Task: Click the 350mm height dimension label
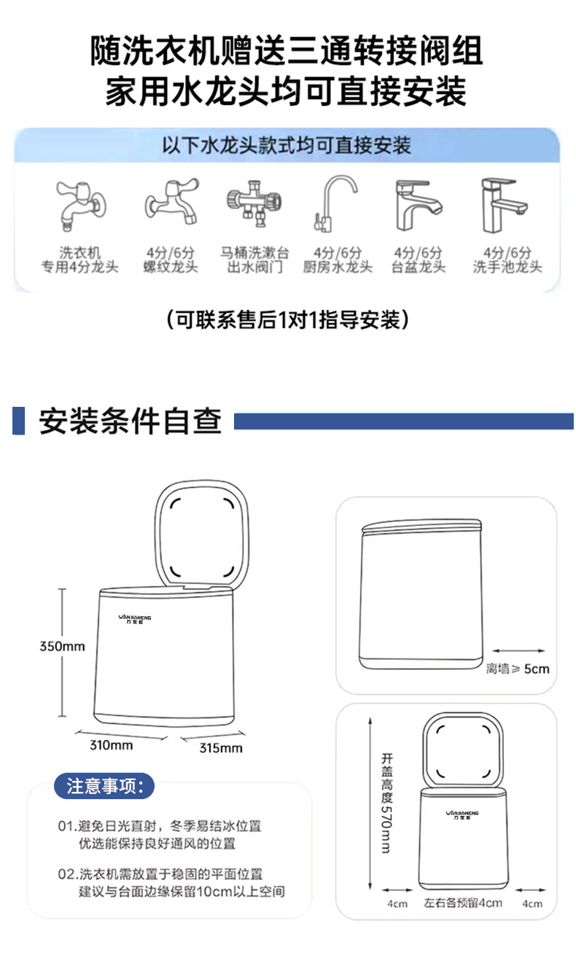point(63,646)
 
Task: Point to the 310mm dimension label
point(111,745)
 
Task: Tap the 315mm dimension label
point(221,748)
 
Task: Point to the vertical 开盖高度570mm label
point(386,802)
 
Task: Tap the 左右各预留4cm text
point(463,903)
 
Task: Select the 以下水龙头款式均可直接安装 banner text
point(287,144)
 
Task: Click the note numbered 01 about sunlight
point(160,834)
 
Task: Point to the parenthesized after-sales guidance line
point(287,319)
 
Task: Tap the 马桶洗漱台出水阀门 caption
point(254,260)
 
